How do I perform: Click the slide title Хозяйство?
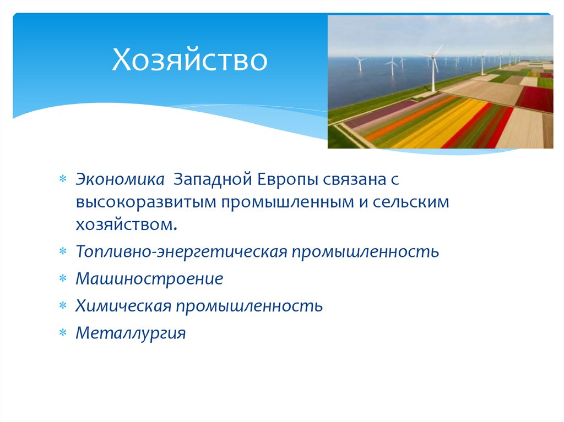click(x=190, y=61)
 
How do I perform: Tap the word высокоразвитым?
click(x=147, y=202)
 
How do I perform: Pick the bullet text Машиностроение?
click(x=150, y=278)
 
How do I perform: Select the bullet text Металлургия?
click(x=131, y=332)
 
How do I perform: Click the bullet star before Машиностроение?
click(x=63, y=279)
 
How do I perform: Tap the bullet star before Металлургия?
click(x=63, y=333)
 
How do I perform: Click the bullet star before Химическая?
click(x=63, y=306)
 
